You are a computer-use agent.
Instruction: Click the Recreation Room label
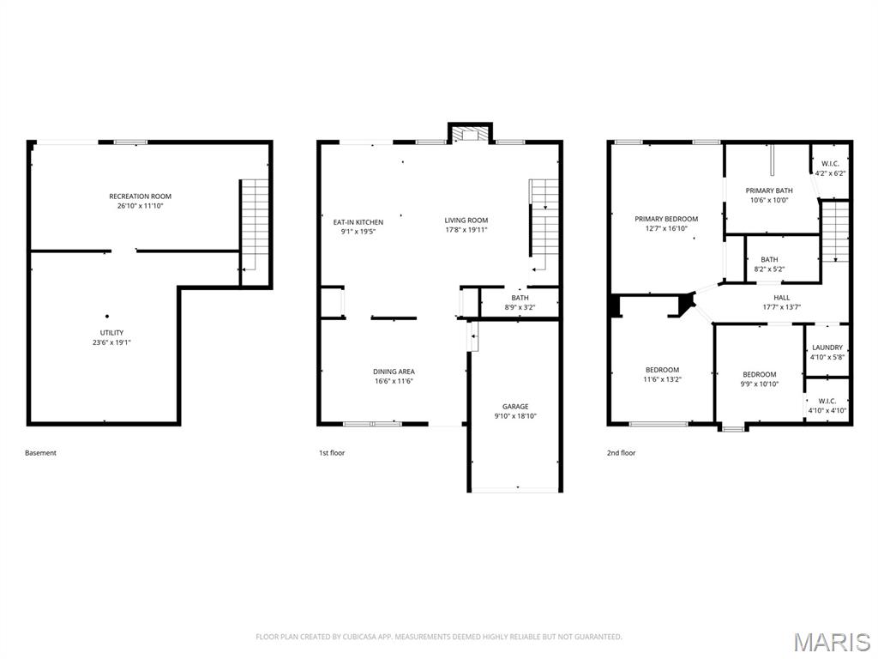coord(140,196)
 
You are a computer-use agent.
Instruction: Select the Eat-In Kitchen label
coord(358,222)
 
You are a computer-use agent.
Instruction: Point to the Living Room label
coord(466,221)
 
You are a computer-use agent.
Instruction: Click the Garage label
coord(515,407)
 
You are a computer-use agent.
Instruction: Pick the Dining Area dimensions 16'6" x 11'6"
coord(394,381)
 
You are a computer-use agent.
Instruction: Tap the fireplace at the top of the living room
coord(469,133)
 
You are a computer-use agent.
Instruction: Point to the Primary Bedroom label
coord(666,219)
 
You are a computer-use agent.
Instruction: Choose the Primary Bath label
coord(769,190)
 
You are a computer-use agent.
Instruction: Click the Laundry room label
coord(827,348)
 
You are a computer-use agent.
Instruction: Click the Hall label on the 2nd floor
coord(781,298)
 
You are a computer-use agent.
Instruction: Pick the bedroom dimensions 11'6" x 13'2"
coord(663,379)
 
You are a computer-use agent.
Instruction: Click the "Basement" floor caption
coord(40,453)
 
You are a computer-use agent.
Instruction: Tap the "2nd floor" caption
coord(622,453)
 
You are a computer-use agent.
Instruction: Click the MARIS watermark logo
coord(831,642)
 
